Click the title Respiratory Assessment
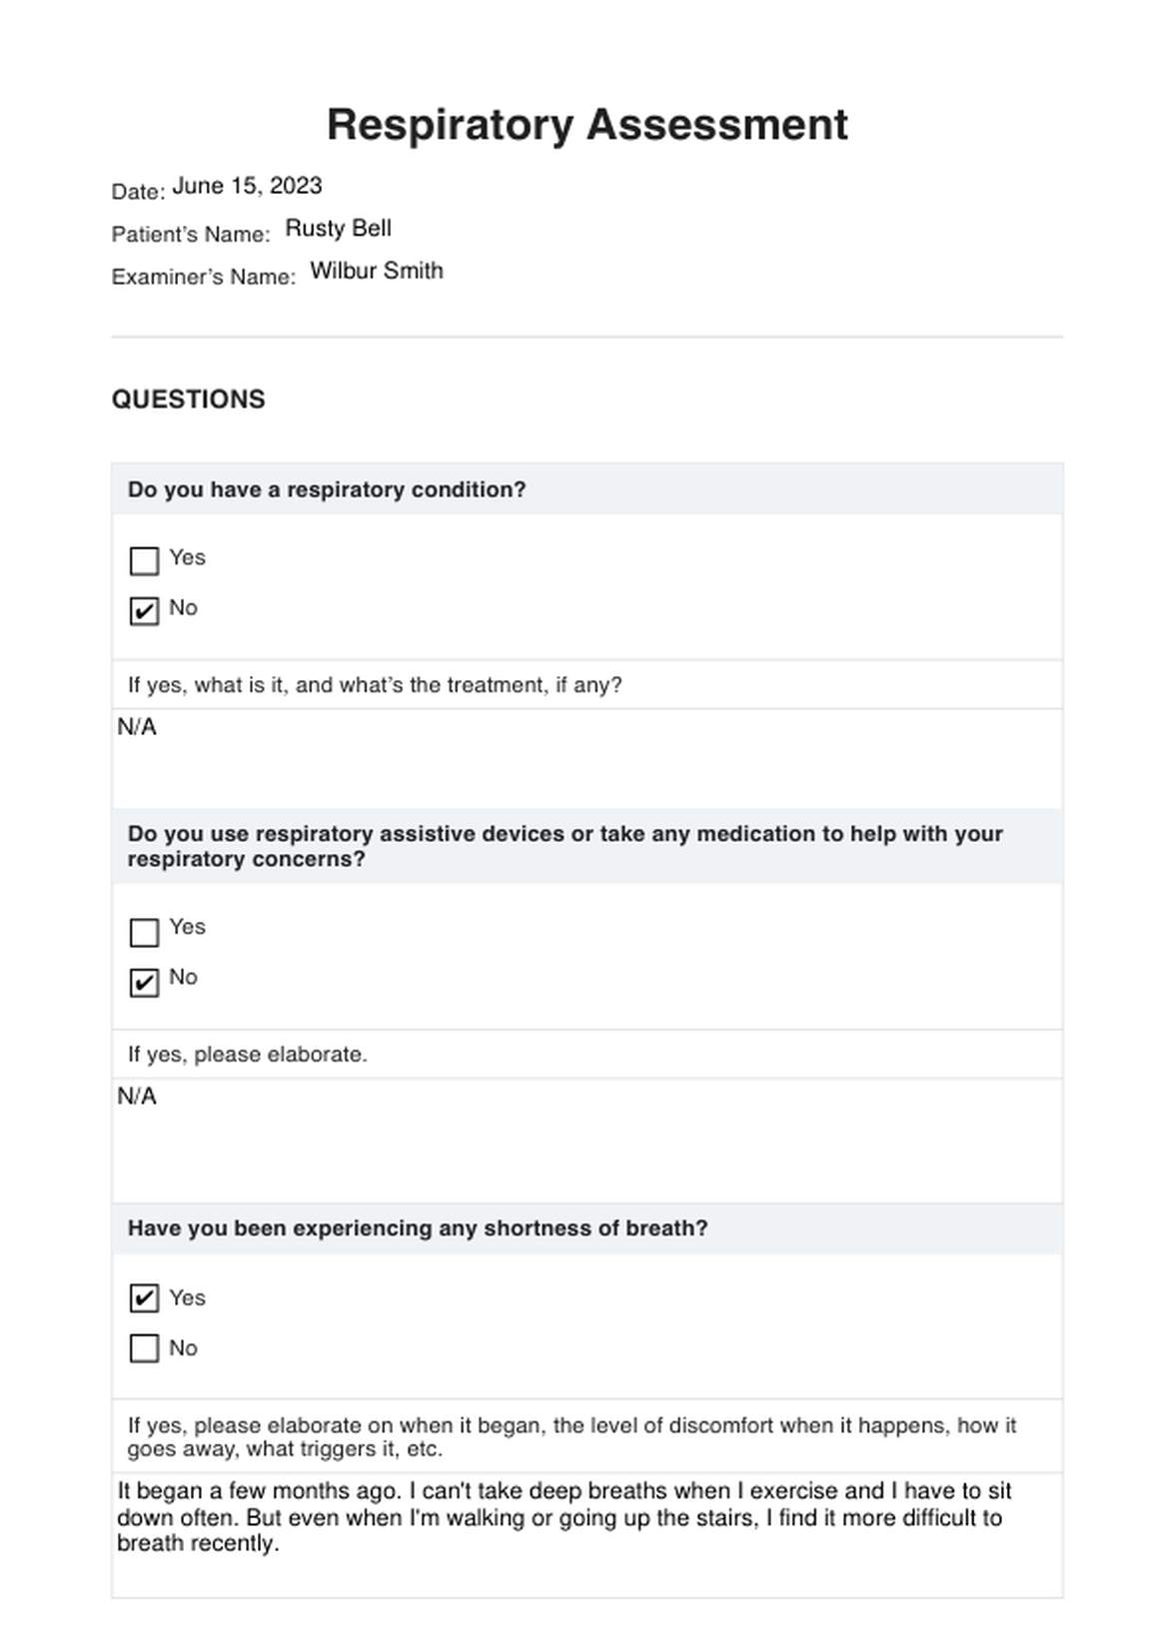587,125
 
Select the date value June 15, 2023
247,186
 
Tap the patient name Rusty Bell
338,229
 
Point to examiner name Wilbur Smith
376,271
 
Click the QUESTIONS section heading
188,400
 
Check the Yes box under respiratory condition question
145,560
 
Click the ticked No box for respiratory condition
145,610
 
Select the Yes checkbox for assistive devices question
145,932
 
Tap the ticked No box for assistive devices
145,982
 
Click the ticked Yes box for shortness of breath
145,1298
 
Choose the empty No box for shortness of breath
145,1348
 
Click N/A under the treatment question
137,727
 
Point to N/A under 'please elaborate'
137,1097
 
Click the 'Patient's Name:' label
191,235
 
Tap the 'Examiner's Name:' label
204,278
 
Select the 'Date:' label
138,192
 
